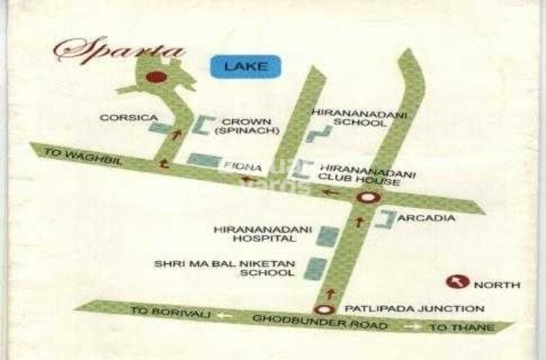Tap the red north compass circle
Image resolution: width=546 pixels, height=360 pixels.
pyautogui.click(x=458, y=283)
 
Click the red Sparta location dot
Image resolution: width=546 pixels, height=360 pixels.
pyautogui.click(x=153, y=77)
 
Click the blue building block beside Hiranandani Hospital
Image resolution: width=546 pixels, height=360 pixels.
pyautogui.click(x=329, y=236)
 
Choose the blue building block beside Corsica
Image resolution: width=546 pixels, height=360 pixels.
pyautogui.click(x=157, y=129)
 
